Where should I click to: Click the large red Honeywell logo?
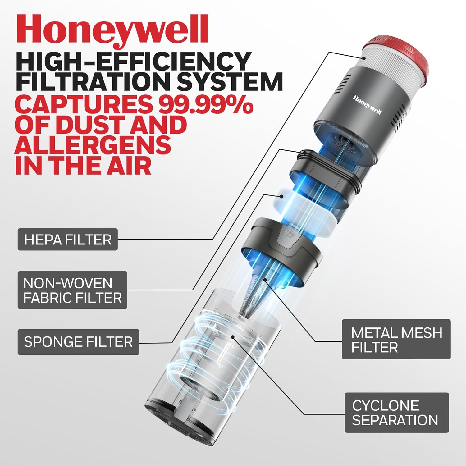coord(112,30)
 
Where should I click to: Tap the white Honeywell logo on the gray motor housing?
coord(367,105)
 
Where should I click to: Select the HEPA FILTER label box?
coord(68,240)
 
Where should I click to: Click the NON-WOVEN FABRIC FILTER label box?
coord(72,290)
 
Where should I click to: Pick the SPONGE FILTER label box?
coord(78,342)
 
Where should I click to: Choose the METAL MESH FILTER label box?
coord(396,340)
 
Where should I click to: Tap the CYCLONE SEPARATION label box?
coord(397,413)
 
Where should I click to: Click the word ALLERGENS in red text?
coord(93,144)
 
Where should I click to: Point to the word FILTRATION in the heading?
coord(93,81)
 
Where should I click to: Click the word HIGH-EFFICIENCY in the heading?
coord(134,61)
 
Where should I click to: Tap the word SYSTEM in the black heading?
coord(230,81)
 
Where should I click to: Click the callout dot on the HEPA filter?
coord(364,58)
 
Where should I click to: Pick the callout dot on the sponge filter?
coord(281,196)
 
